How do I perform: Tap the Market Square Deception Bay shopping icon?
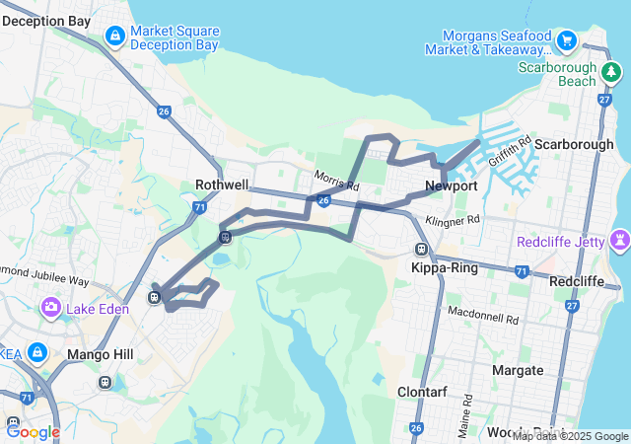pos(115,37)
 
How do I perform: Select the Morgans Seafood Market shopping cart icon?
pos(566,40)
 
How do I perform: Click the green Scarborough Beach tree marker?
pos(611,72)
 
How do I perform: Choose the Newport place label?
pos(452,185)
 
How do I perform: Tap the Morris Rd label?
pos(336,180)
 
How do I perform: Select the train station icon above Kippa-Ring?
pos(422,250)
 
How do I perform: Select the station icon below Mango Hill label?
pos(104,382)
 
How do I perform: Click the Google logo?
pos(33,431)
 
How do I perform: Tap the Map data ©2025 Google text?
pos(570,436)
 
